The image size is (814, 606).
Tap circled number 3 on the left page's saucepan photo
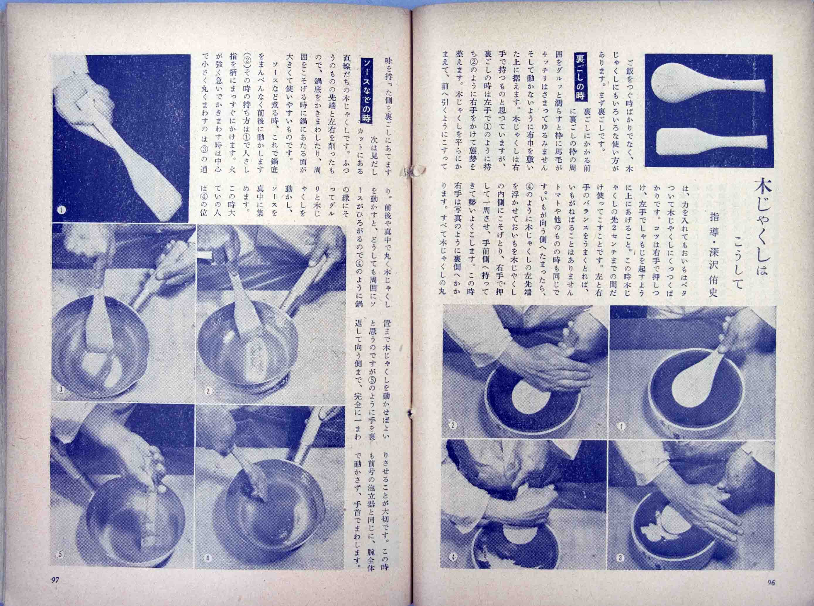point(61,389)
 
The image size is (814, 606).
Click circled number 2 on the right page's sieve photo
point(453,425)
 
